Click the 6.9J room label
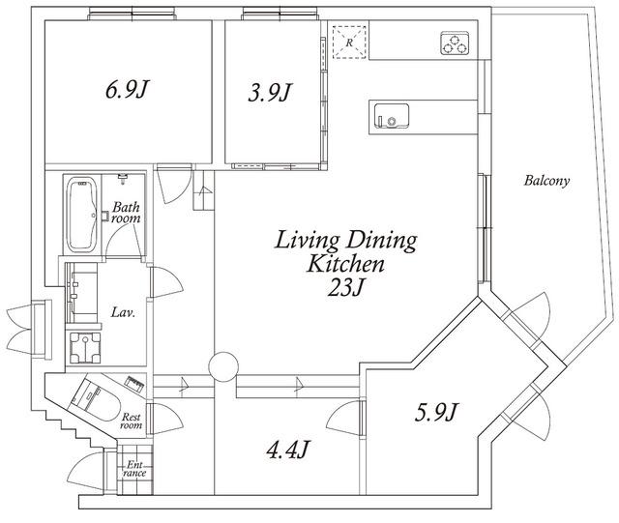(x=127, y=89)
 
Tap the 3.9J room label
(x=269, y=93)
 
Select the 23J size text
(x=344, y=287)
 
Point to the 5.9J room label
(x=436, y=412)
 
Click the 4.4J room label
(x=287, y=450)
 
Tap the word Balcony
(x=546, y=181)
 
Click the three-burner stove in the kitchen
(x=455, y=44)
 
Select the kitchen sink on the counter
(x=391, y=116)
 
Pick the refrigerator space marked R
(x=349, y=43)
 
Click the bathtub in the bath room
(x=81, y=215)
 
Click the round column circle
(x=223, y=366)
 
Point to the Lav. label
(x=123, y=313)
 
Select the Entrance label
(x=134, y=469)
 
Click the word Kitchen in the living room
(x=346, y=264)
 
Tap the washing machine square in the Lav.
(x=85, y=348)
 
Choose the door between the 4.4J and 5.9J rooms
(x=344, y=419)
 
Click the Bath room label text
(x=126, y=213)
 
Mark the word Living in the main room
(x=308, y=241)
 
